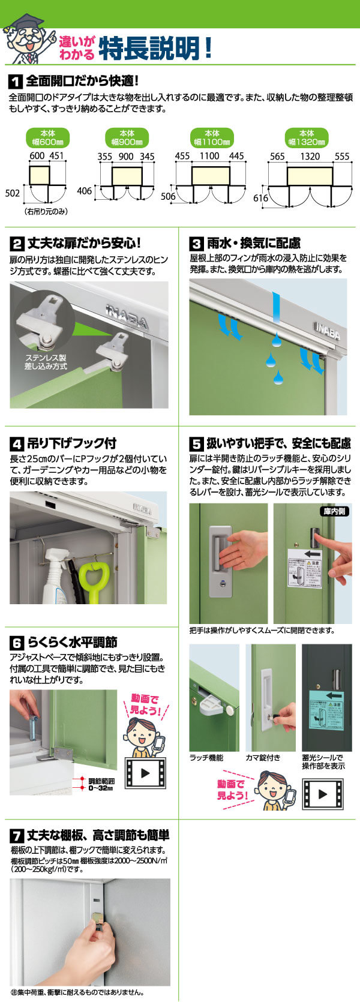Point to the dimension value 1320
pyautogui.click(x=310, y=156)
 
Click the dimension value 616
pyautogui.click(x=261, y=198)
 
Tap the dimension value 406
pyautogui.click(x=85, y=191)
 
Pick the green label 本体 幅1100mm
pyautogui.click(x=212, y=138)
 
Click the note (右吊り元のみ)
pyautogui.click(x=46, y=211)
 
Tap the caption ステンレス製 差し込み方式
pyautogui.click(x=46, y=362)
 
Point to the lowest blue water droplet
pyautogui.click(x=277, y=377)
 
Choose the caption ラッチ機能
pyautogui.click(x=206, y=758)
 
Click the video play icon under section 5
pyautogui.click(x=323, y=794)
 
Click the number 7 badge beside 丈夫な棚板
pyautogui.click(x=17, y=836)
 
